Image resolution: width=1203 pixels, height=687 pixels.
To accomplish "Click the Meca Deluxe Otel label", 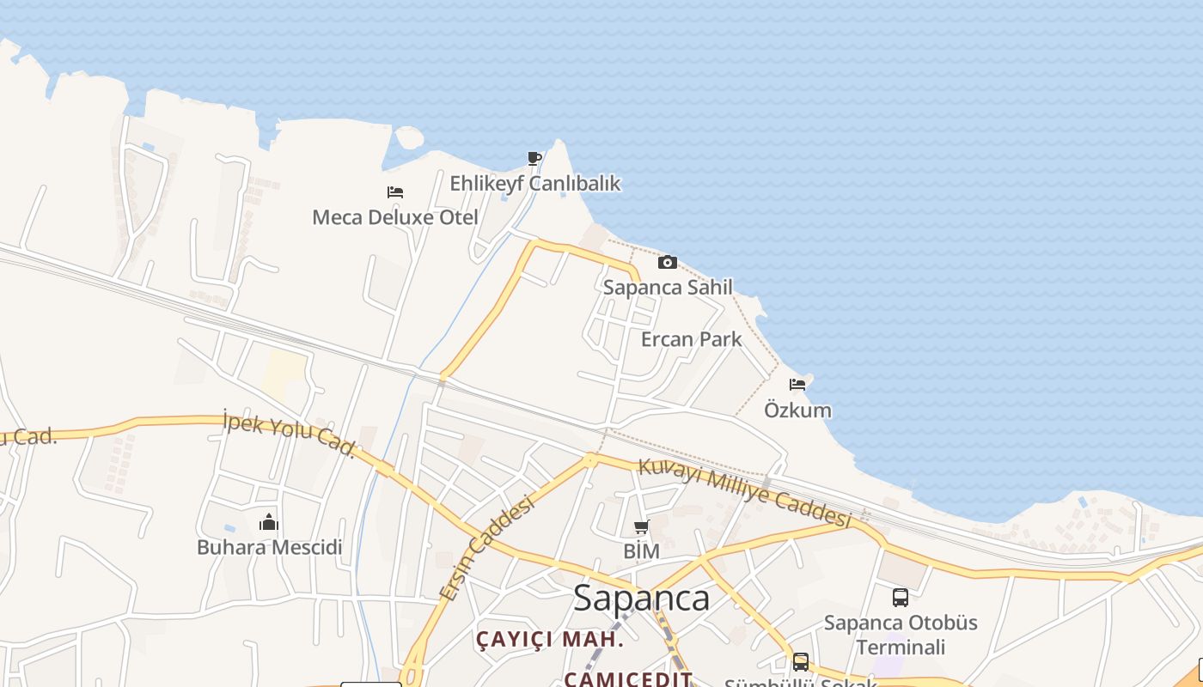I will (394, 217).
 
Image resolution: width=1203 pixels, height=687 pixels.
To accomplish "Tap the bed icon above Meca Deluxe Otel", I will (395, 192).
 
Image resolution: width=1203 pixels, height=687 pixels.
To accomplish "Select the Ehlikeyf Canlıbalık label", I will (534, 183).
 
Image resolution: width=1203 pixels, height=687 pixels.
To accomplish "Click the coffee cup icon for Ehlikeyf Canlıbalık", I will (534, 158).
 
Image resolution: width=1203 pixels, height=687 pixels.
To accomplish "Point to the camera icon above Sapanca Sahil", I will (668, 262).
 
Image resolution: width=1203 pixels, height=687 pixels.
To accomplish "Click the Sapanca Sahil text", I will (668, 287).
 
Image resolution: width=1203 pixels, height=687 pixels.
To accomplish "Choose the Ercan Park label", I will (691, 339).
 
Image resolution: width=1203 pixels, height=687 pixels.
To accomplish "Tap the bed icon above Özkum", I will (797, 385).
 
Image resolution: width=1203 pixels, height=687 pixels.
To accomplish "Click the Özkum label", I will (797, 410).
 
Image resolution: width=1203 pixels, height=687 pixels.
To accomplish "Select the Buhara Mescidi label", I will (269, 547).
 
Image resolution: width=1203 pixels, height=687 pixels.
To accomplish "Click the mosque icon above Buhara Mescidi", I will (269, 522).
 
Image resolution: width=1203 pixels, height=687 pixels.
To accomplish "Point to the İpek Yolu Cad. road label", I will (289, 434).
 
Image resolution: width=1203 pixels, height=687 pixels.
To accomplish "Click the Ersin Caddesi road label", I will (486, 550).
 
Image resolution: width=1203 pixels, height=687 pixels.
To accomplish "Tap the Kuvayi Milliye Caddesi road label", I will (744, 493).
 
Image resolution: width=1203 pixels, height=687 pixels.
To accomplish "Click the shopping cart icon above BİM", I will (641, 526).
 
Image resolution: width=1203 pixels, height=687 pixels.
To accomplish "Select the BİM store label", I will (641, 551).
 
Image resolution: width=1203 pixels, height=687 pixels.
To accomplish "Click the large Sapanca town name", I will (641, 599).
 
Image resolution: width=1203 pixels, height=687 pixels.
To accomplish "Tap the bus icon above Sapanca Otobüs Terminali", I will (901, 598).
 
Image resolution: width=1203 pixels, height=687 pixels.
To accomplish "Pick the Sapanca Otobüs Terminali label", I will (901, 635).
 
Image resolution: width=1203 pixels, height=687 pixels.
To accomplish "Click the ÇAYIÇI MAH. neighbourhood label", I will (550, 639).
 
